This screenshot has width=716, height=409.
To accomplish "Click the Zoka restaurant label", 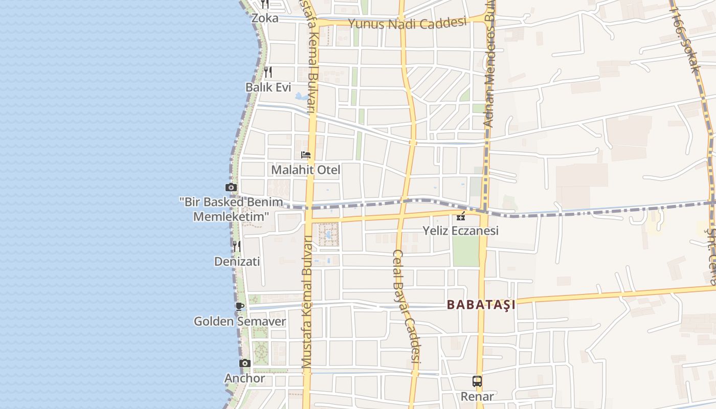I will (x=265, y=18).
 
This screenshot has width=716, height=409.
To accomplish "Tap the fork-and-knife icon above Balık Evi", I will (x=268, y=72).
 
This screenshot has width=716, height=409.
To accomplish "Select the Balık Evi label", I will (x=268, y=87).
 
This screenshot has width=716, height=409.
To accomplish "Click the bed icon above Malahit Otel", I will (x=306, y=155).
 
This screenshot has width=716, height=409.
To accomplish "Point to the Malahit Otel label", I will (x=305, y=170).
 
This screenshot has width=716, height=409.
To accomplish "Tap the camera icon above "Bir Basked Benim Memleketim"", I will (x=231, y=187).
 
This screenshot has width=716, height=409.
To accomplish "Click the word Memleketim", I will (x=231, y=216).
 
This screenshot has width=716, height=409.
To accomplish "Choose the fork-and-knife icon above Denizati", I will (x=236, y=246).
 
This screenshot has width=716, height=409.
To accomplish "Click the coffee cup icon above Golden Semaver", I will (x=239, y=306).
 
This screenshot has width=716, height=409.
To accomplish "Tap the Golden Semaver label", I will (x=239, y=322).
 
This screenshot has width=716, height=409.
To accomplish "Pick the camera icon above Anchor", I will (x=245, y=363).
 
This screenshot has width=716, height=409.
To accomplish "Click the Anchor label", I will (x=244, y=379).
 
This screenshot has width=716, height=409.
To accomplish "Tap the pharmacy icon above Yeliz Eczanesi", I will (x=461, y=216).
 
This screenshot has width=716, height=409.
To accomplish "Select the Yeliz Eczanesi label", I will (x=460, y=231).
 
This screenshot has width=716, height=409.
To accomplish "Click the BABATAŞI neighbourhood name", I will (x=481, y=305).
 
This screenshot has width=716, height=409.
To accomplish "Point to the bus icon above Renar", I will (x=477, y=381).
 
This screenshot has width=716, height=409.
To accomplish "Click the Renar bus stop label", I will (x=477, y=396).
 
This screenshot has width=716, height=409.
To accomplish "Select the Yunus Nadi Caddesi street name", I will (x=407, y=24).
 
